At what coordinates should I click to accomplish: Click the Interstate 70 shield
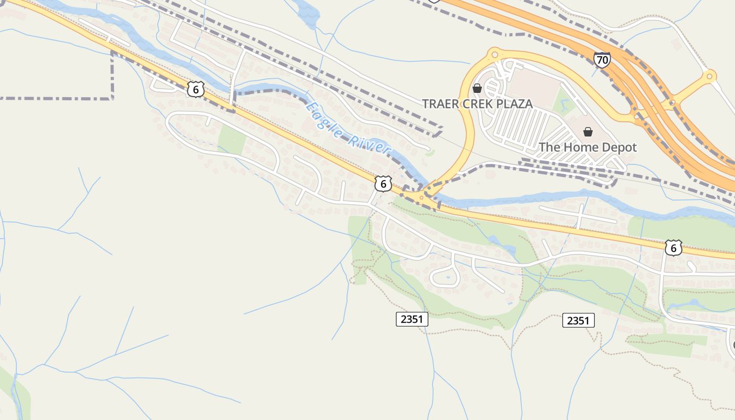click(602, 59)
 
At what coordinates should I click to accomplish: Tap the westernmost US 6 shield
click(195, 89)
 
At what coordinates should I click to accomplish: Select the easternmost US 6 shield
click(673, 247)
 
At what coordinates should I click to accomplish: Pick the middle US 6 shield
click(383, 184)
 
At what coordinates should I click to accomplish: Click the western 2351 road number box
click(412, 319)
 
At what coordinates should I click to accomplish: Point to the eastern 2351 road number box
click(578, 320)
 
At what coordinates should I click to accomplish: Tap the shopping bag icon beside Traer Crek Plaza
click(477, 88)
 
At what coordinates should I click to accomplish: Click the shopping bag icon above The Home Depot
click(588, 131)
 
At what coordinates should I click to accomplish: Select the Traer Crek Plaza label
click(477, 104)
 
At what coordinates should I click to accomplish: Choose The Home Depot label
click(587, 148)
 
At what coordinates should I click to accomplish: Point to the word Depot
click(619, 148)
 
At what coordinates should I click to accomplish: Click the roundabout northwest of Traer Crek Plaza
click(493, 53)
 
